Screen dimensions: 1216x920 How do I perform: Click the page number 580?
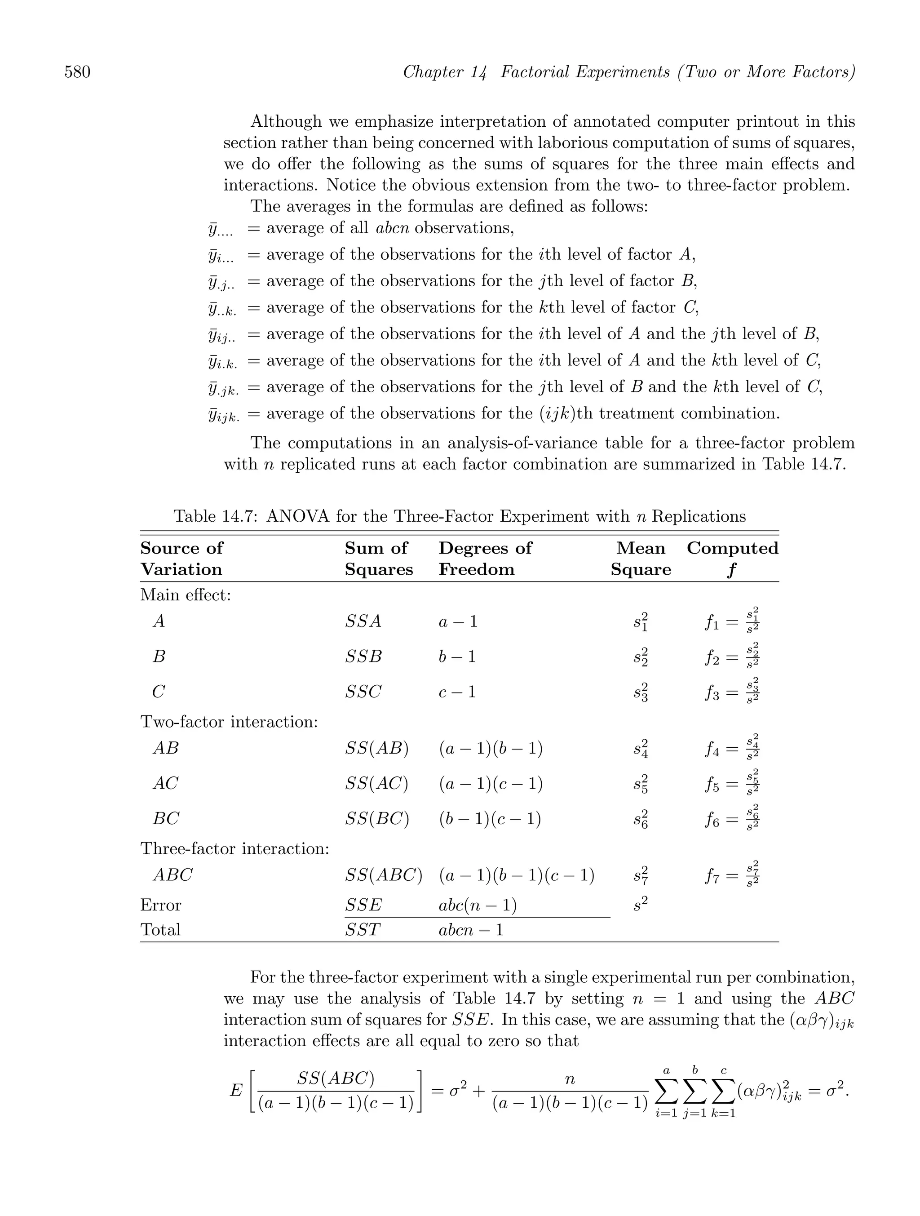point(78,72)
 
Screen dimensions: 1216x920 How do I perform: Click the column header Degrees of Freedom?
point(485,559)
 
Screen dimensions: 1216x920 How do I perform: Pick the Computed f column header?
point(732,559)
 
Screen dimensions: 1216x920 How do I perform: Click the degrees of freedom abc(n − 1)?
point(477,905)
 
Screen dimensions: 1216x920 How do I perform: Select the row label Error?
point(160,905)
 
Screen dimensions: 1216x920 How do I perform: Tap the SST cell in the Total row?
point(362,930)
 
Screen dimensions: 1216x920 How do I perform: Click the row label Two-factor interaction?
point(229,722)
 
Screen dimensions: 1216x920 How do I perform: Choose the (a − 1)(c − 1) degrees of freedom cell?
point(490,783)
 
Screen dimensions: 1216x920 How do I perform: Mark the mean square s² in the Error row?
point(640,904)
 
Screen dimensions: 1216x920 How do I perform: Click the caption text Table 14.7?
point(216,517)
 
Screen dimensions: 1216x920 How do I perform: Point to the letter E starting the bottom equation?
point(236,1090)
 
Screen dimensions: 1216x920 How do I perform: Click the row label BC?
point(166,819)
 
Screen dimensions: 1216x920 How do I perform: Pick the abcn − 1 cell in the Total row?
point(471,930)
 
